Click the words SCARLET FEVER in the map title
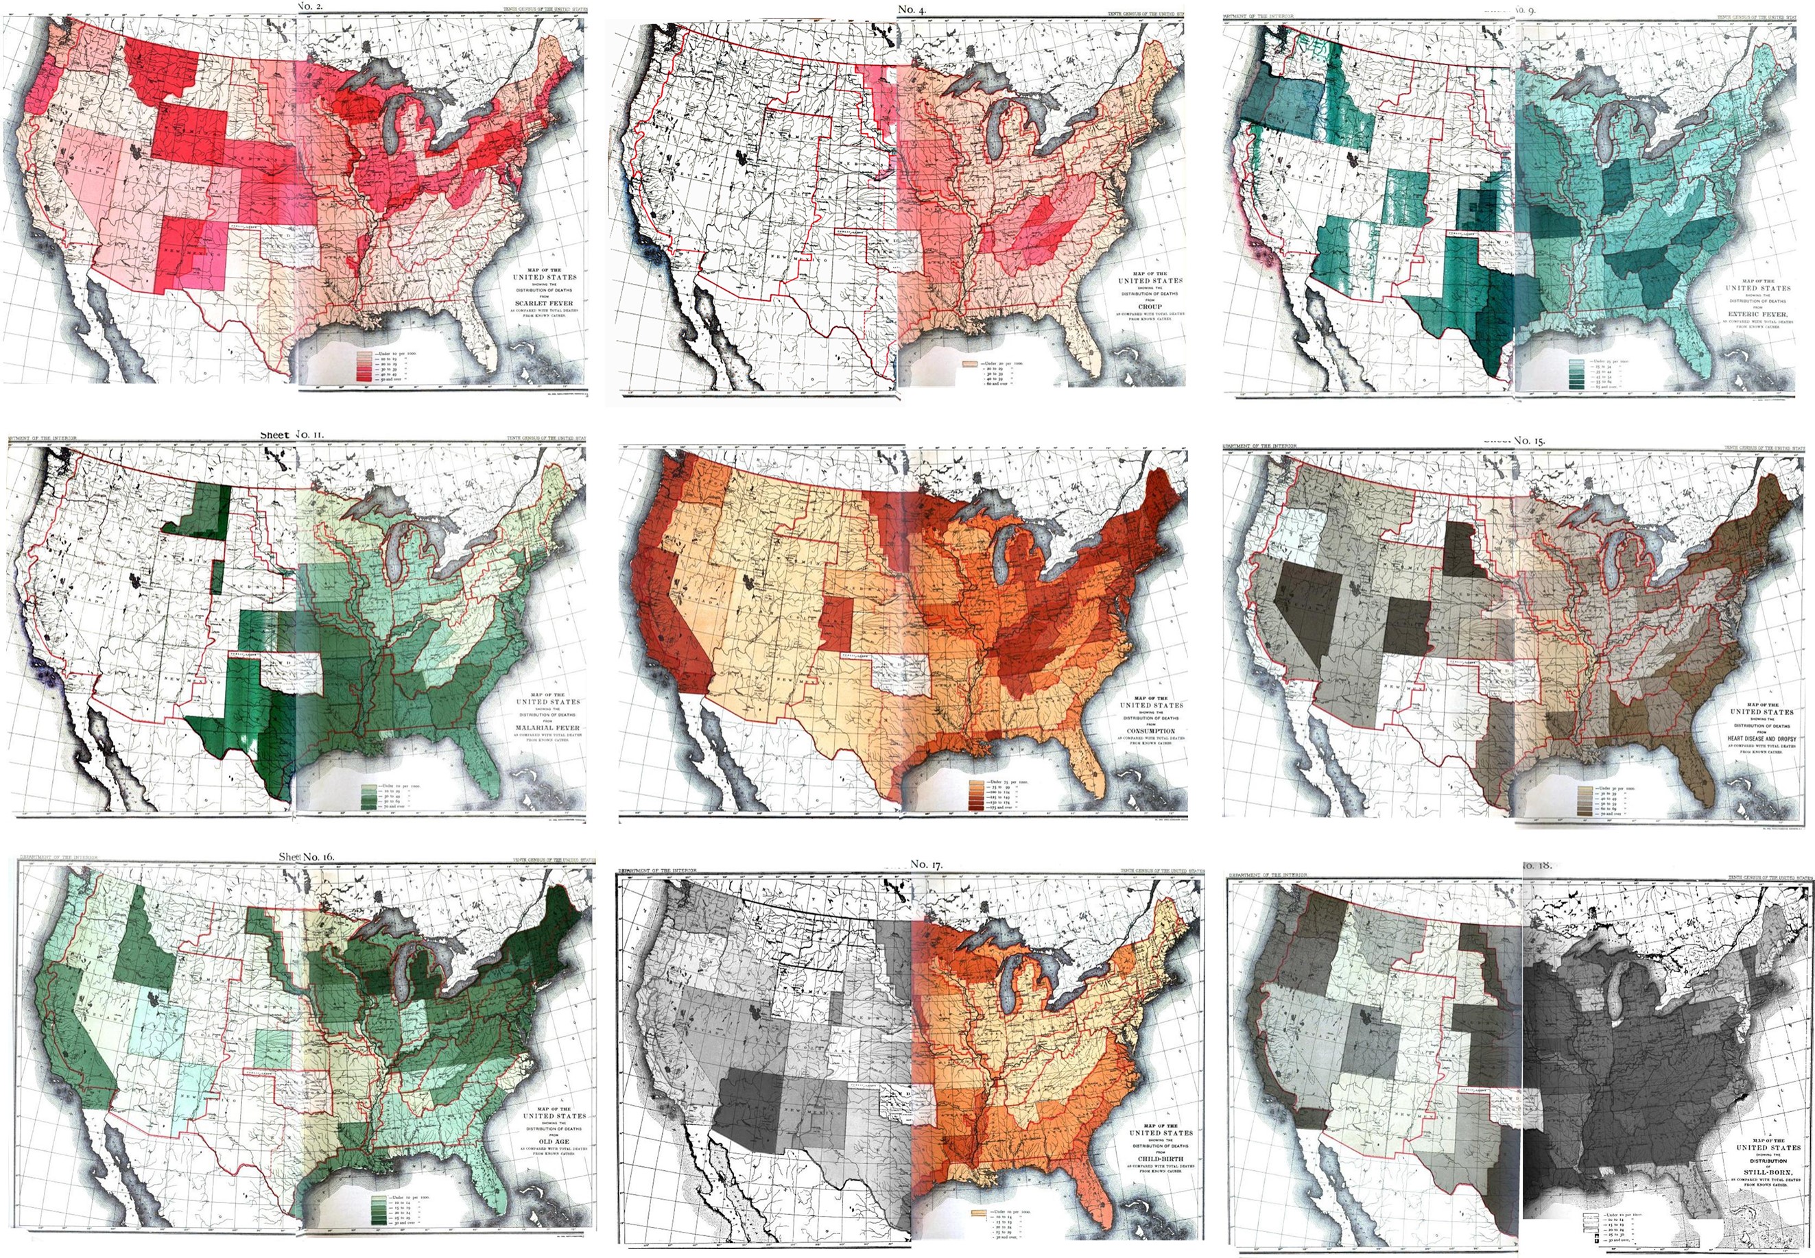[544, 303]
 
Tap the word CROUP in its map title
[1150, 306]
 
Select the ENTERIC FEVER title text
[1757, 314]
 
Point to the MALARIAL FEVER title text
[547, 727]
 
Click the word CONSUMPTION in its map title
[1150, 731]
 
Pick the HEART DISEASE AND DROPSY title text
[1757, 738]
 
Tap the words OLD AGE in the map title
[554, 1141]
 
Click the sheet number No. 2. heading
[310, 6]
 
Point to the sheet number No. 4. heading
[911, 10]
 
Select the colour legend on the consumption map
[977, 795]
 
